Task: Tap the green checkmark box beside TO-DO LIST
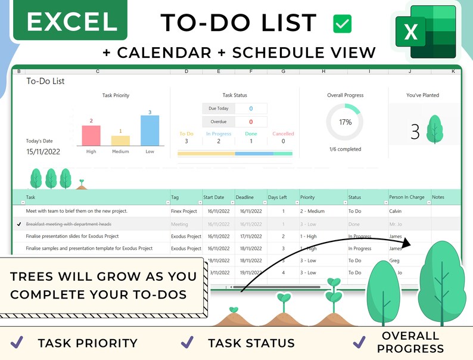coord(342,24)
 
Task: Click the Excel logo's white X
coord(410,32)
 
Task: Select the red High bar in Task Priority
coord(91,135)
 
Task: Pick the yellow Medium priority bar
coord(120,141)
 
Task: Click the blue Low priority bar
coord(150,131)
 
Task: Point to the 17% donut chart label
coord(345,122)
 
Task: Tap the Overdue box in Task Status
coord(219,122)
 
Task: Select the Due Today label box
coord(219,108)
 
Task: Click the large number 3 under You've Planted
coord(415,132)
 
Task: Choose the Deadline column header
coord(244,197)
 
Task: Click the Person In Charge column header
coord(407,197)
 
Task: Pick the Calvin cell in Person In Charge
coord(396,211)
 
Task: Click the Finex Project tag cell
coord(184,211)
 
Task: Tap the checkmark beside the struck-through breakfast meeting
coord(20,224)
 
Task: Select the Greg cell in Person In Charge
coord(394,260)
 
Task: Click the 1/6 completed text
coord(345,149)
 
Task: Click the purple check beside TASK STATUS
coord(187,342)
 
